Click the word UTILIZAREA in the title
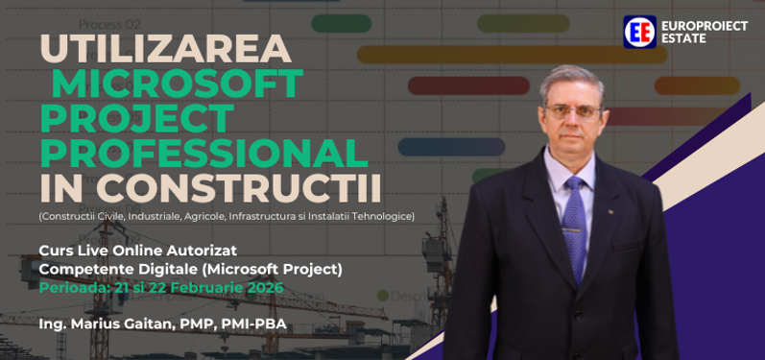[165, 51]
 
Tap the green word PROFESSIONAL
[203, 151]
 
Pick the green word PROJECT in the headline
[136, 118]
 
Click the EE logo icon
[639, 32]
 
